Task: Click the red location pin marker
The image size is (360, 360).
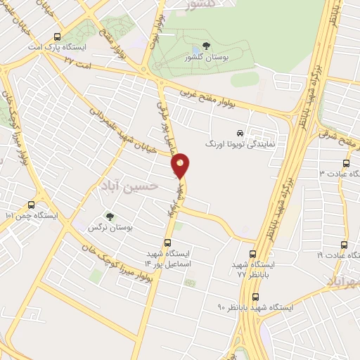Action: tap(181, 165)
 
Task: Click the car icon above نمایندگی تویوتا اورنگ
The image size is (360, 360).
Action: tap(240, 132)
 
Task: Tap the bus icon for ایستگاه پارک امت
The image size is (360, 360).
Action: tap(57, 37)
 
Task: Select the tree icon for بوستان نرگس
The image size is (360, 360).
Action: tap(108, 217)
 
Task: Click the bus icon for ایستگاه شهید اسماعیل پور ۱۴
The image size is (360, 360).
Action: tap(167, 243)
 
